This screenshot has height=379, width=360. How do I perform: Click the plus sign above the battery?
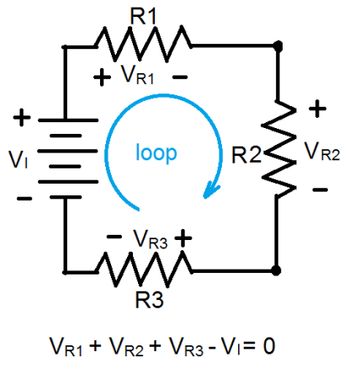24,119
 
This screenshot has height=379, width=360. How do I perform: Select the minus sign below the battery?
24,199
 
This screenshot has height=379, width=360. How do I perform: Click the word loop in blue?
157,153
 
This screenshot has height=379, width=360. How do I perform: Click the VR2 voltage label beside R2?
322,152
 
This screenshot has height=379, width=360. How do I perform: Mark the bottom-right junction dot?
277,270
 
